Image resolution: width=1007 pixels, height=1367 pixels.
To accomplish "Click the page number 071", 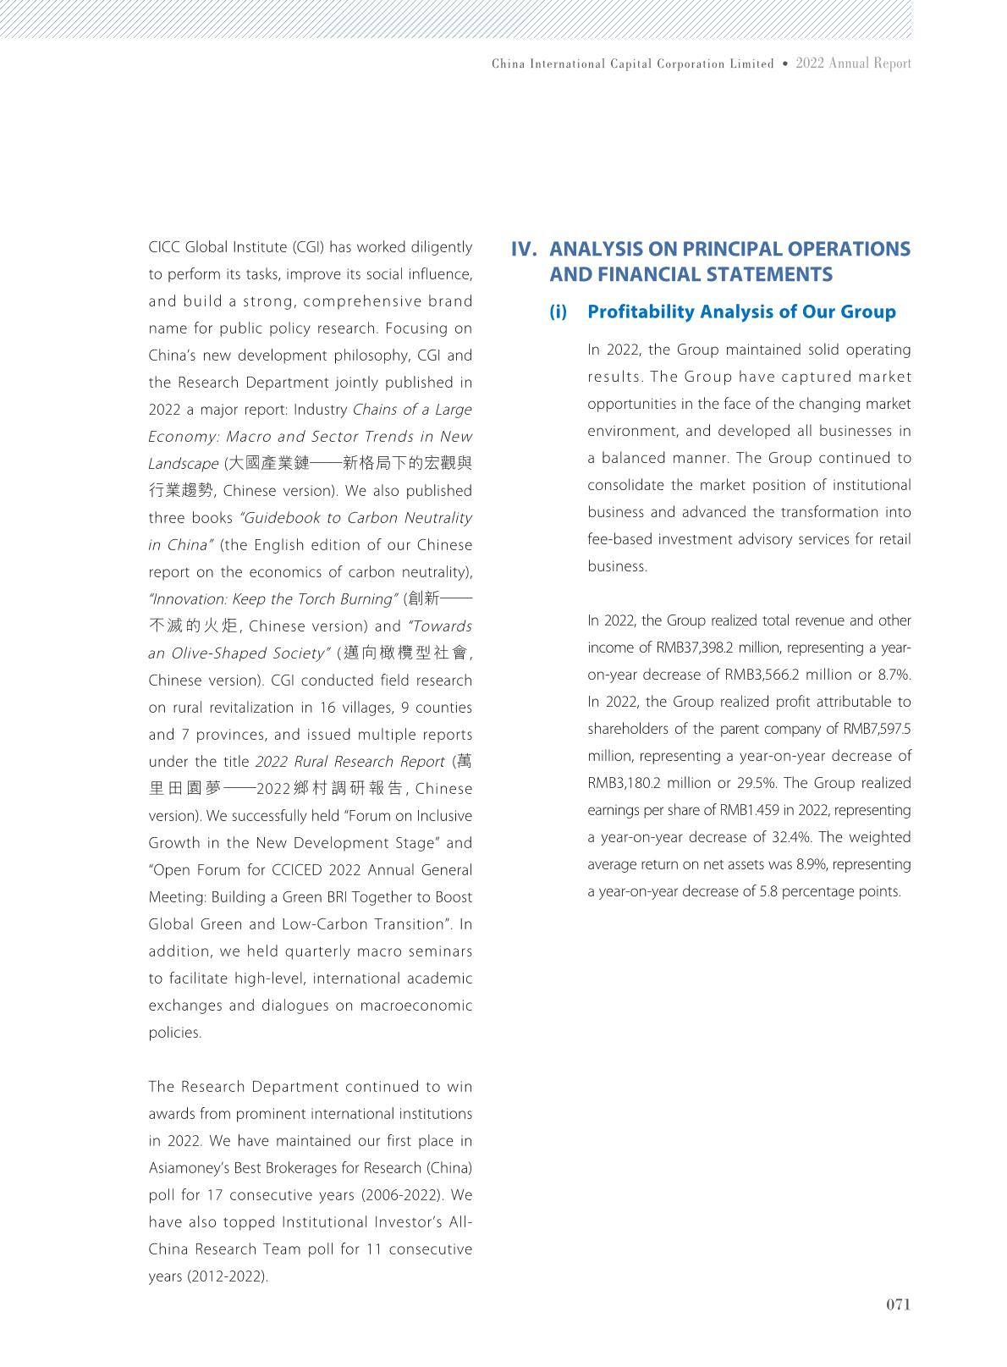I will (898, 1304).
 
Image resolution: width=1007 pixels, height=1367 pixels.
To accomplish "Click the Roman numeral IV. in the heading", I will (526, 249).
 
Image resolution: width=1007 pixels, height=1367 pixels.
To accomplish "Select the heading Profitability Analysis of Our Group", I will (741, 311).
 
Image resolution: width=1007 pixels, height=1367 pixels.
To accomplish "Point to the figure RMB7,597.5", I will (877, 729).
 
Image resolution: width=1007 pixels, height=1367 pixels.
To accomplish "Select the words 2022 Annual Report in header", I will (853, 63).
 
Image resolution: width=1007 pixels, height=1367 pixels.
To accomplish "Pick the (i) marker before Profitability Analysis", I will (559, 311).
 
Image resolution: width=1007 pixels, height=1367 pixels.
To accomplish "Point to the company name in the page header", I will (632, 63).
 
